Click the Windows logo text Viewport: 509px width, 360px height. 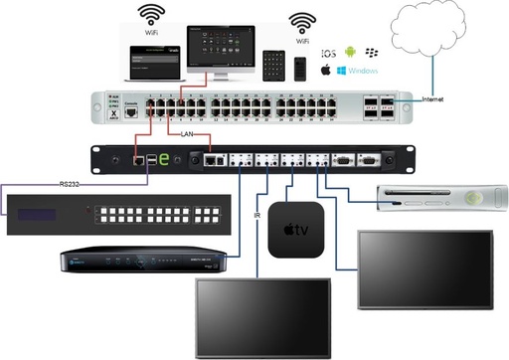pyautogui.click(x=361, y=72)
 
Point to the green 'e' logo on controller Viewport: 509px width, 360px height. pyautogui.click(x=166, y=157)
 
